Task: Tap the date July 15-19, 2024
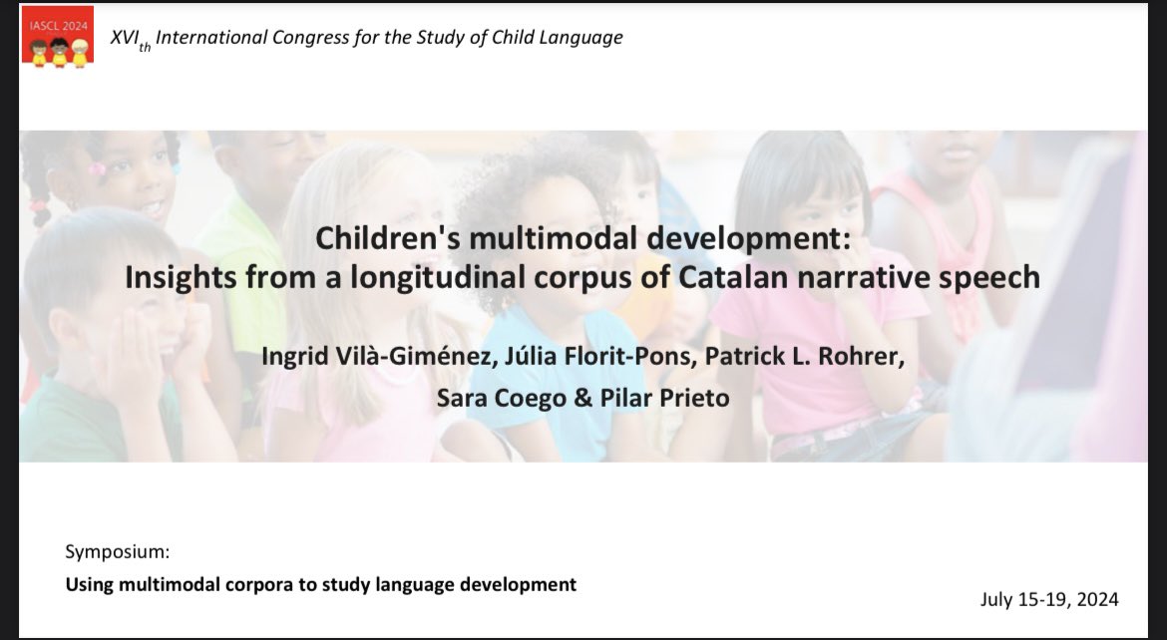tap(1050, 599)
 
